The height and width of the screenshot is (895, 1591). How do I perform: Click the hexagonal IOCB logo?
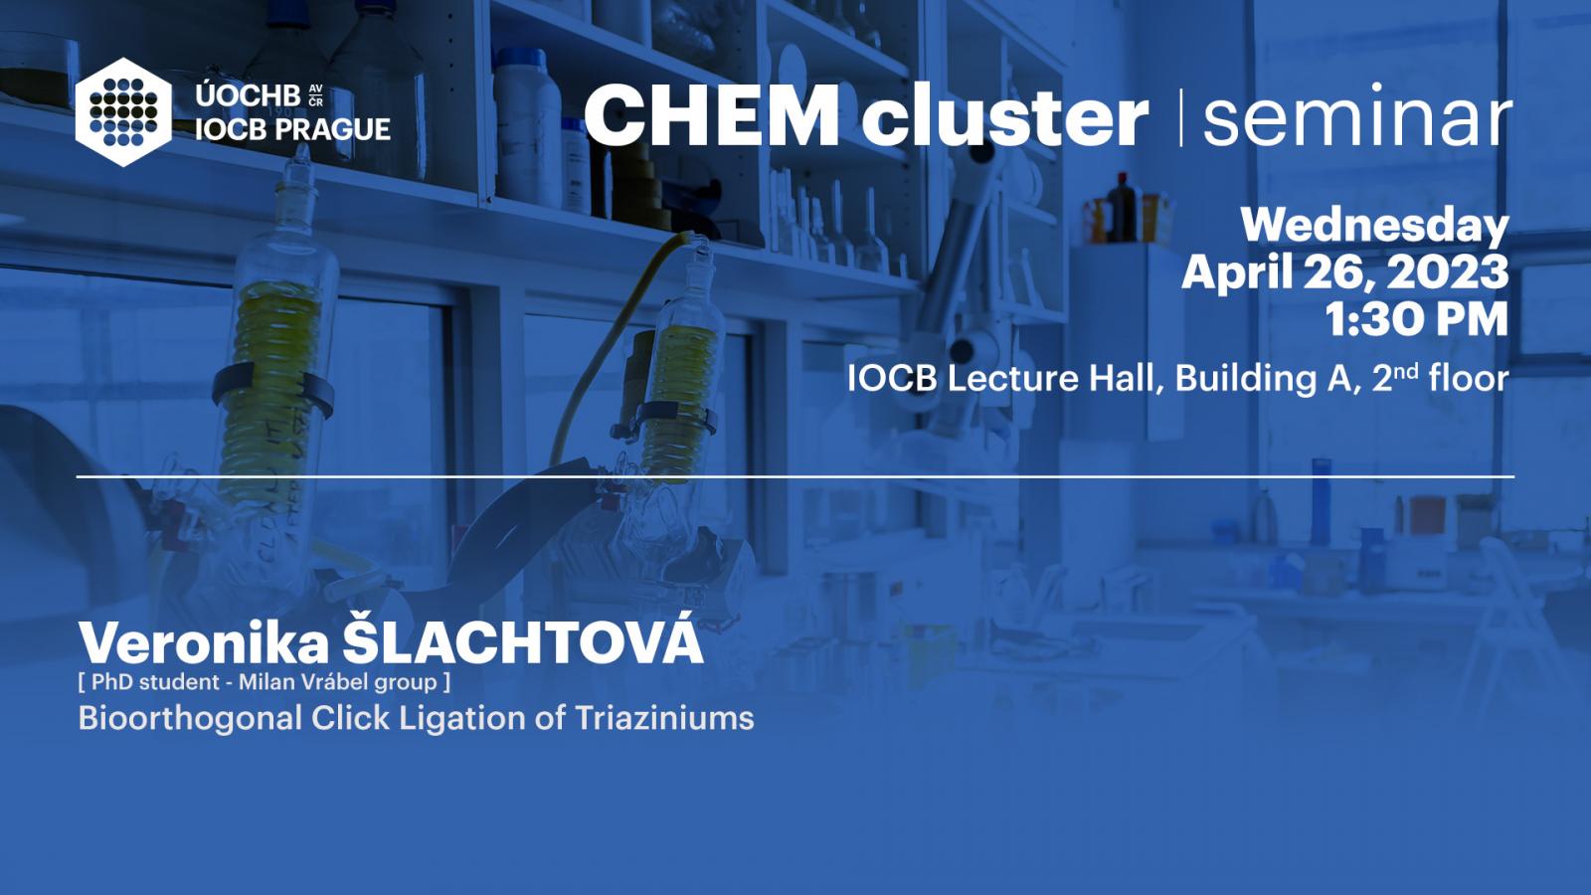pos(123,112)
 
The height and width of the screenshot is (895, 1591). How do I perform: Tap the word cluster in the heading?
pos(1005,114)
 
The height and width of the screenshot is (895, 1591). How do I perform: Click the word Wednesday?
pos(1374,226)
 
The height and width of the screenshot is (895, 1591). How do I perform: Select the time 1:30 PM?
pos(1417,319)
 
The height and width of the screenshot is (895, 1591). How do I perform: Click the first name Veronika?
pos(204,643)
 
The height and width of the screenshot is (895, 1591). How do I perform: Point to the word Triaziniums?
pos(664,717)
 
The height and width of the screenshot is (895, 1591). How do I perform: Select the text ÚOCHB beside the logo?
pos(248,95)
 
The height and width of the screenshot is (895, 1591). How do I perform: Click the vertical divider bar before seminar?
pos(1181,118)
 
